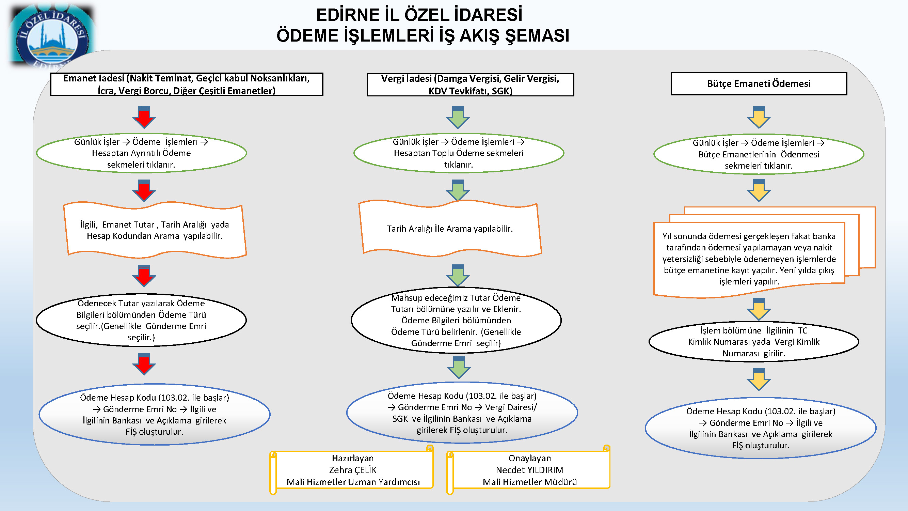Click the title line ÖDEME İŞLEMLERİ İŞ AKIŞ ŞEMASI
click(x=423, y=36)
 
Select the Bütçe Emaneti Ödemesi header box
click(x=759, y=83)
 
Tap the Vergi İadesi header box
click(x=470, y=84)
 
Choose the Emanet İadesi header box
click(x=187, y=84)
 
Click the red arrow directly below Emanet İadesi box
click(x=144, y=117)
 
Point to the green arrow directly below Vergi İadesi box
click(x=458, y=117)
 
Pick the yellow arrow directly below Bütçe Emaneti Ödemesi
click(x=759, y=117)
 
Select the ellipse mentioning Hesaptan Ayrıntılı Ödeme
click(x=141, y=153)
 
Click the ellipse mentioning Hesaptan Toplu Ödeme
click(x=459, y=153)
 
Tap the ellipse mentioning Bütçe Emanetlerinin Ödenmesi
click(x=759, y=154)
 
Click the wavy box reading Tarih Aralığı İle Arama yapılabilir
click(x=450, y=229)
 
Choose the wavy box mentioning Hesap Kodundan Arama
click(x=155, y=230)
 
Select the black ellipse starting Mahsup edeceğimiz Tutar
click(x=456, y=320)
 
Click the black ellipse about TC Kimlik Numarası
click(x=754, y=342)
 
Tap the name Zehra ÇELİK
click(x=353, y=470)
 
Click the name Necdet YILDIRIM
click(x=530, y=470)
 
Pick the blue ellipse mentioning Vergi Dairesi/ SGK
click(x=462, y=413)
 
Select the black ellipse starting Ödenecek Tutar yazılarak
click(x=141, y=320)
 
